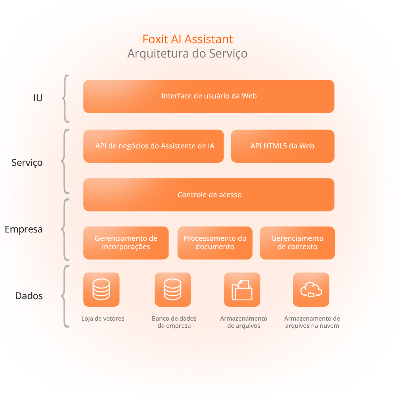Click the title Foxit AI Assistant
pos(188,39)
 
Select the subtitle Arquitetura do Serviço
pos(188,53)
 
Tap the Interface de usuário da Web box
pos(209,96)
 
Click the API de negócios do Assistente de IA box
pos(153,146)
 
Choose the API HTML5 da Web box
pos(282,146)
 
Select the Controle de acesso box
pos(209,195)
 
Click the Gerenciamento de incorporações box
pos(126,243)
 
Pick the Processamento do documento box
pos(215,243)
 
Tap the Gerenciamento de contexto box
pos(297,243)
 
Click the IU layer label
pos(38,98)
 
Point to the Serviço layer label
pos(27,163)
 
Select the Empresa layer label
pos(23,229)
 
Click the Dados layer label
pos(29,296)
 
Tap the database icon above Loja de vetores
pos(101,289)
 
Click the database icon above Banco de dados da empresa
pos(172,289)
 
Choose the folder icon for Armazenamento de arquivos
pos(242,289)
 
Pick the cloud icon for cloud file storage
pos(311,289)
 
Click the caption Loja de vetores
pos(103,319)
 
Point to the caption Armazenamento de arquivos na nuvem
pos(312,322)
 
